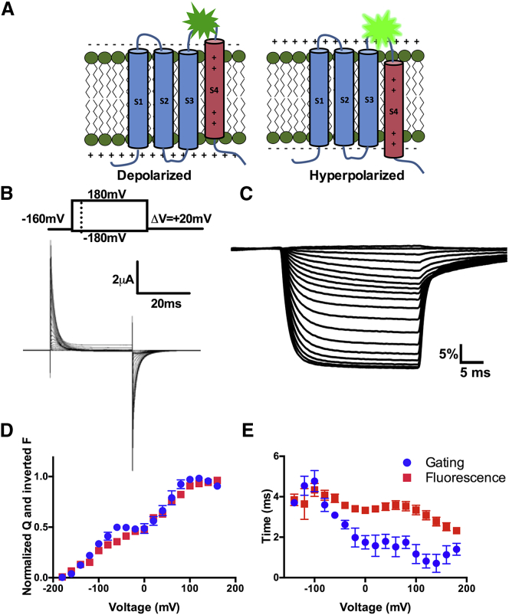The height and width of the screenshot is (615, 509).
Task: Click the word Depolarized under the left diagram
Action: click(159, 175)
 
